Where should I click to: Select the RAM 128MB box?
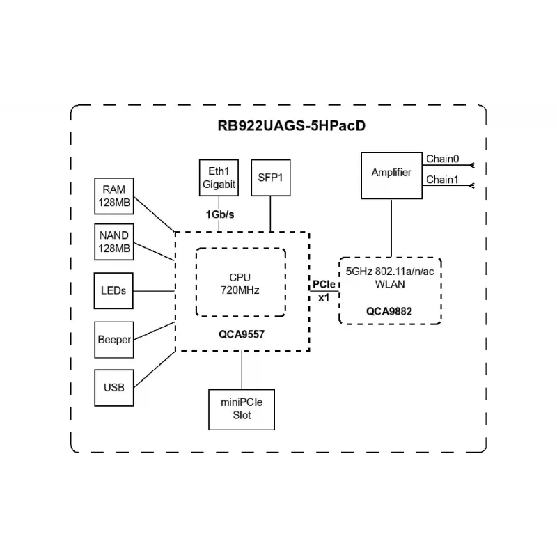114,196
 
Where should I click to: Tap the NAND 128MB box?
114,242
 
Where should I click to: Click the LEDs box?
114,290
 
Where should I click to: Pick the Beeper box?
114,339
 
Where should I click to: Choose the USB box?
114,387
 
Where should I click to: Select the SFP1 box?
270,177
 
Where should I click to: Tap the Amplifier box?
391,173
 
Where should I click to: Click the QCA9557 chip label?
240,334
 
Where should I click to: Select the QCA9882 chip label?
389,311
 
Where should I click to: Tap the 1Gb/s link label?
219,214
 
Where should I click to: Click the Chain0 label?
442,159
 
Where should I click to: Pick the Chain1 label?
442,179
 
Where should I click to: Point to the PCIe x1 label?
324,290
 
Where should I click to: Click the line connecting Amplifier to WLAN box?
391,226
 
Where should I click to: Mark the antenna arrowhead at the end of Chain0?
473,165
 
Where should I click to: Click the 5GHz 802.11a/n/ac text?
390,272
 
